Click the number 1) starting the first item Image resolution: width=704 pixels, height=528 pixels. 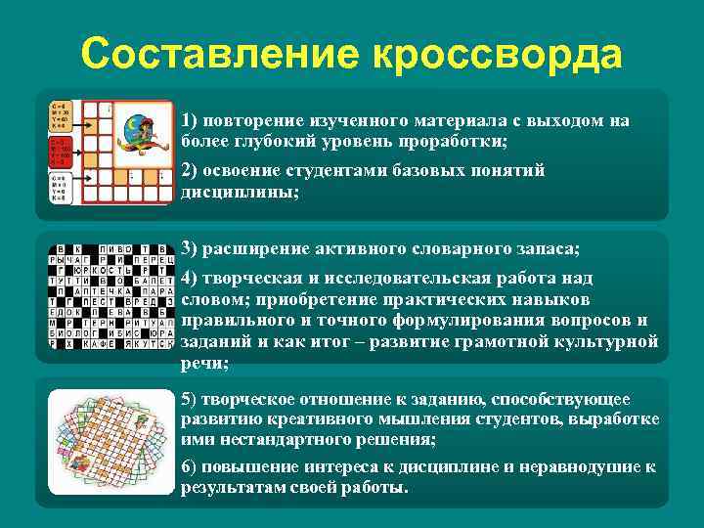[x=188, y=121]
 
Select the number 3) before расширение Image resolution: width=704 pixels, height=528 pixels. [x=188, y=248]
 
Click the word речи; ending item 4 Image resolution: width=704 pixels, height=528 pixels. [x=205, y=362]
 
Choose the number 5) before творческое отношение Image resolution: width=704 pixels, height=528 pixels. [x=188, y=400]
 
